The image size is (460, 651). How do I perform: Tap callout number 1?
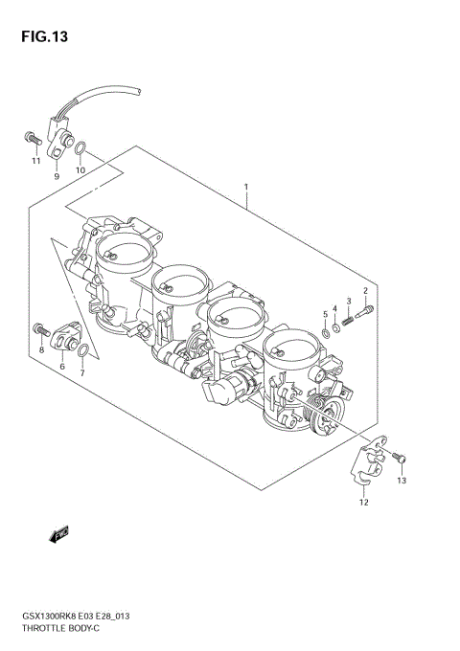pos(246,187)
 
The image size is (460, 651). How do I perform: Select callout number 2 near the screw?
pos(365,291)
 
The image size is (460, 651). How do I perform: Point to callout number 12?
pos(363,502)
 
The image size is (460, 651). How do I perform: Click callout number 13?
pos(402,481)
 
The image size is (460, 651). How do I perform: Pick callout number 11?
pos(35,161)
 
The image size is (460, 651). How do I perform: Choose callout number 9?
pos(57,177)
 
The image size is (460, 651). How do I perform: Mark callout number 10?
pos(80,170)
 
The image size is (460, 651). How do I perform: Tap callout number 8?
pos(41,351)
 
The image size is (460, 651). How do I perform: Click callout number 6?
pos(62,367)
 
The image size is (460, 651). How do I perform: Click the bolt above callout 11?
pos(30,140)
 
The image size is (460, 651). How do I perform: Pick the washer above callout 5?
pos(326,333)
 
